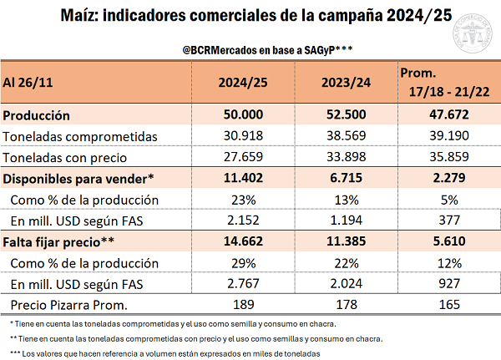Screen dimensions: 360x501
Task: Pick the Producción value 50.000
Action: (246, 115)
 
